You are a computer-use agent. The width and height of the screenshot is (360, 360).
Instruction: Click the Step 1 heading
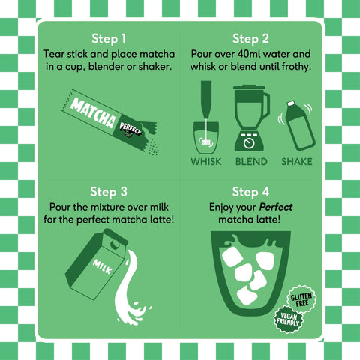pos(109,39)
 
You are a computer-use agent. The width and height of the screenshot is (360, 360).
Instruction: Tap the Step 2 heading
pos(250,39)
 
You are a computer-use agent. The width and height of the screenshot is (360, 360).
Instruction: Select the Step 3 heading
pos(109,192)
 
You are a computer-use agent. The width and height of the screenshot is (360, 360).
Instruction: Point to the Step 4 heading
pos(250,192)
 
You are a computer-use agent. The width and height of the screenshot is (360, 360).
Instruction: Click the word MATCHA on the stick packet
pos(93,113)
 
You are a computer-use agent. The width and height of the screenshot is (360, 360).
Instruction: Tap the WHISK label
pos(206,162)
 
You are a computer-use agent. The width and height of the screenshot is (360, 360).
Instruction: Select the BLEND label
pos(251,162)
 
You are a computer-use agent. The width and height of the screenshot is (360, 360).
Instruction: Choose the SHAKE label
pos(297,162)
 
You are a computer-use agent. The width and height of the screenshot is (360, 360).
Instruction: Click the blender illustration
pos(251,118)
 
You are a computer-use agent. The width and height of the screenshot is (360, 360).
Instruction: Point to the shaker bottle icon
pos(299,126)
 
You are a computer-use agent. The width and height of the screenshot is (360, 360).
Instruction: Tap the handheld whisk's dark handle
pos(206,100)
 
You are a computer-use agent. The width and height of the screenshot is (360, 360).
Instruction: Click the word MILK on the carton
pos(103,267)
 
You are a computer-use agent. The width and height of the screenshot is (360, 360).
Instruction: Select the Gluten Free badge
pos(301,299)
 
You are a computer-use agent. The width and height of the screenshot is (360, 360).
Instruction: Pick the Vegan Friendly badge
pos(288,319)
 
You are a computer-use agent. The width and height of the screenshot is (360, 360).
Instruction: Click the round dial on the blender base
pos(249,143)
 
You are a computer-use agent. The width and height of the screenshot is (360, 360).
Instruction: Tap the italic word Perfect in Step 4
pos(276,207)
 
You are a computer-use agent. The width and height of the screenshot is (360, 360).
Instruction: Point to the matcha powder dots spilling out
pos(153,148)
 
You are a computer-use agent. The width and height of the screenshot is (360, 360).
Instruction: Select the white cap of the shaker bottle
pos(291,103)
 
